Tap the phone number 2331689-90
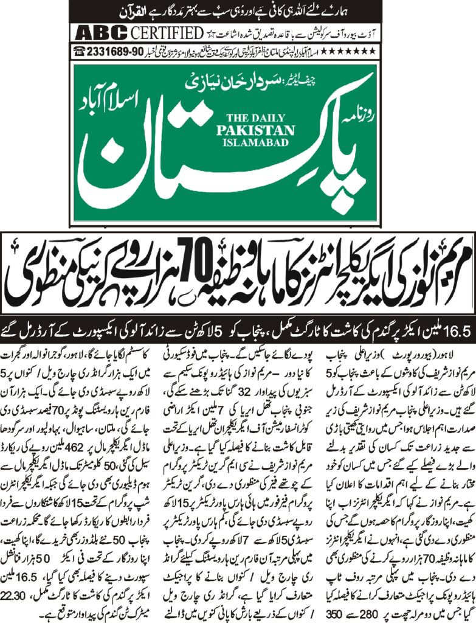pyautogui.click(x=114, y=52)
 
